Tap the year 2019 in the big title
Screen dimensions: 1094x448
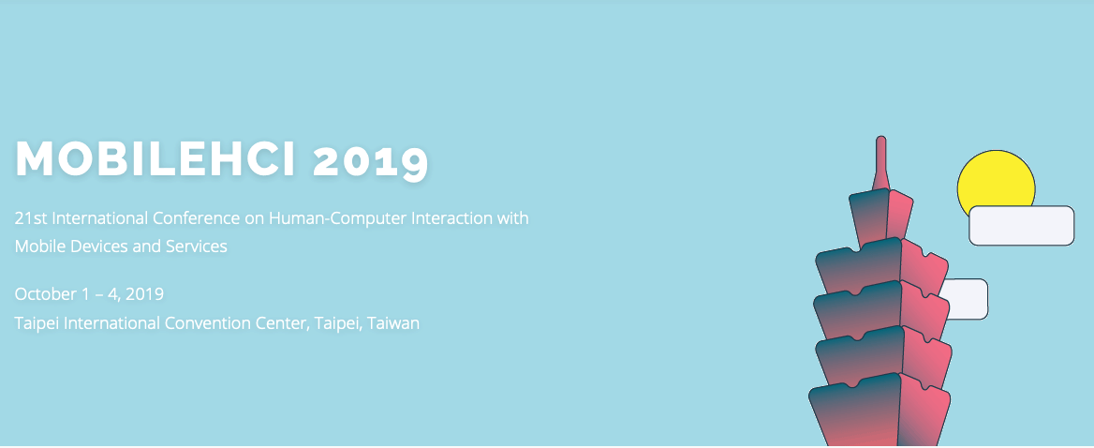pyautogui.click(x=370, y=160)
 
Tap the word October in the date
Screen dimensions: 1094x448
pyautogui.click(x=45, y=293)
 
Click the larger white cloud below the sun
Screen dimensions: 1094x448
pyautogui.click(x=1022, y=225)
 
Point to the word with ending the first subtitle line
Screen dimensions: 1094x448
pyautogui.click(x=512, y=218)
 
